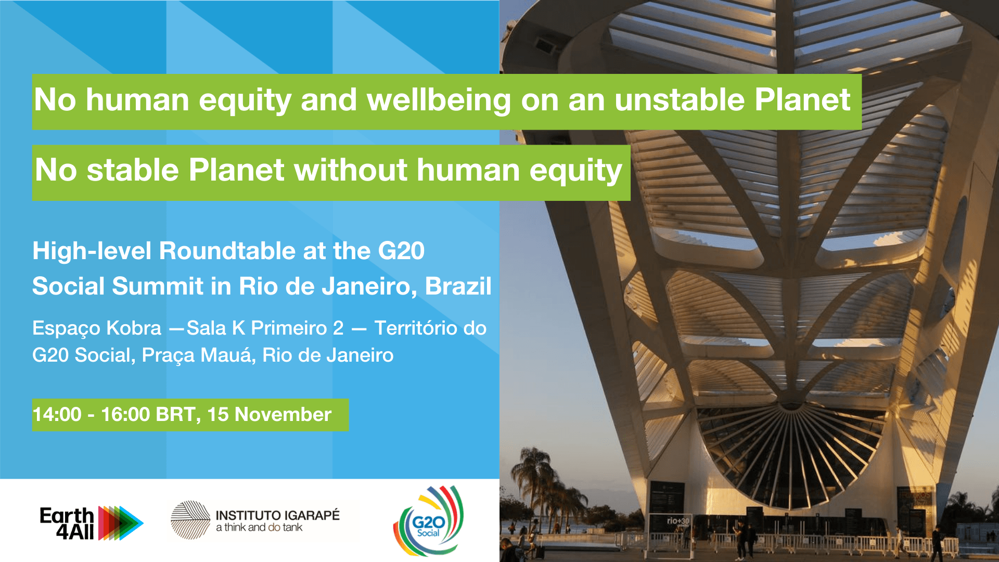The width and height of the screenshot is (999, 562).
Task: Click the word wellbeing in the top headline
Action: [439, 100]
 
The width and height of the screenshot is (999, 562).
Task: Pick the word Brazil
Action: [458, 286]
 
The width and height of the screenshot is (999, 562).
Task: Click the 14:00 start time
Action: [57, 415]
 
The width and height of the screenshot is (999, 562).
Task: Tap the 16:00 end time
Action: [125, 415]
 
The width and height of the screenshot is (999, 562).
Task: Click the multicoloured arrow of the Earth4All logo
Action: [121, 522]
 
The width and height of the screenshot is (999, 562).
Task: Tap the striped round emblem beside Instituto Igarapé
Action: [190, 520]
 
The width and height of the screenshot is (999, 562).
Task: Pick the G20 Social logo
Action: [428, 520]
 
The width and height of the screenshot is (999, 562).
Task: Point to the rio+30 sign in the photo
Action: [678, 520]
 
